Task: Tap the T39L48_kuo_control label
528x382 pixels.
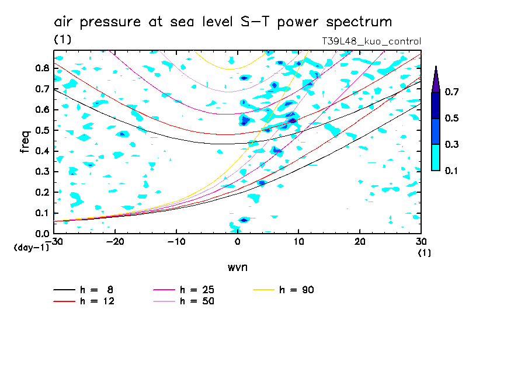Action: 371,41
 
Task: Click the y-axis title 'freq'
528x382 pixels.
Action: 25,141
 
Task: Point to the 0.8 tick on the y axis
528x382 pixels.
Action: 41,67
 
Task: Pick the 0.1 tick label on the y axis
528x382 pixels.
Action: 41,213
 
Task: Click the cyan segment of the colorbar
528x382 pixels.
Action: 435,157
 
